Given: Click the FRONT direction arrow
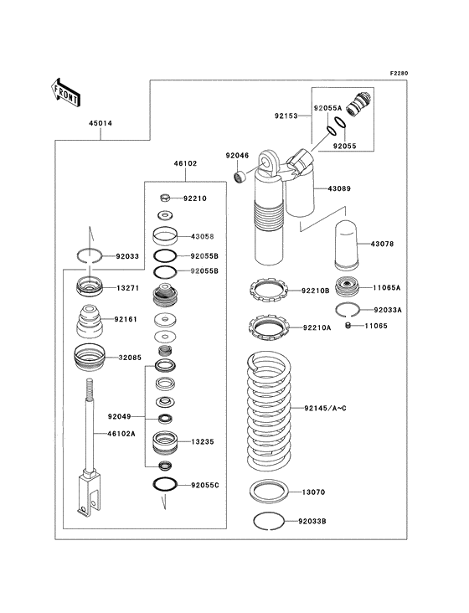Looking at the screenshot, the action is [x=65, y=92].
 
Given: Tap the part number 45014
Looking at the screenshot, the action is [x=100, y=123].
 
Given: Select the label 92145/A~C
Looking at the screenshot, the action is [x=325, y=408].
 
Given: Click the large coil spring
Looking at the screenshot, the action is [x=269, y=410].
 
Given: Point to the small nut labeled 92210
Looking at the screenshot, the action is [x=165, y=198].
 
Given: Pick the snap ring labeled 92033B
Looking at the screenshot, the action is [x=269, y=521].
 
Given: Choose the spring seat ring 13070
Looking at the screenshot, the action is [x=269, y=492].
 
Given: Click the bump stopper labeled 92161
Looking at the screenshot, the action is [x=90, y=322].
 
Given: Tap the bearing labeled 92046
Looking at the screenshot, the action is [x=240, y=177].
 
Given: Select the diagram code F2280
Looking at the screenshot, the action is [x=399, y=73].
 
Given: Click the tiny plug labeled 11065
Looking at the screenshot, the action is [x=348, y=325].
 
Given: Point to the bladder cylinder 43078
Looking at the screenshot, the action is [x=347, y=245].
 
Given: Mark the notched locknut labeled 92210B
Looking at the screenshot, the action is [x=269, y=291].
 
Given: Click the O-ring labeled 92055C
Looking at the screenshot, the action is [x=165, y=484].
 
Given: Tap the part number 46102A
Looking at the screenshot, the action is [x=121, y=434].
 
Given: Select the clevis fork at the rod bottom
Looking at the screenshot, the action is [x=89, y=493].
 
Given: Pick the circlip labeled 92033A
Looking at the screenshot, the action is [x=347, y=310].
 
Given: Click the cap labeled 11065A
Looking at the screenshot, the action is [x=347, y=288].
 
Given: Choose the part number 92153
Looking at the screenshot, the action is [x=286, y=116].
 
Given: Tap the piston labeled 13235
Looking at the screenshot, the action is [x=165, y=443].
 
